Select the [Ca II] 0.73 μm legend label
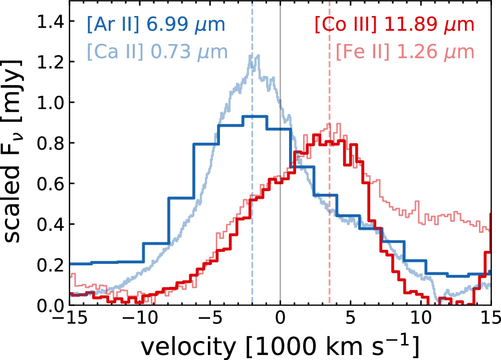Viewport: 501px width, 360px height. tap(157, 52)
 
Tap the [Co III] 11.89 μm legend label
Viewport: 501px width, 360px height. tap(394, 25)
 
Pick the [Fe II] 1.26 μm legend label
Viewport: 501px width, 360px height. tap(404, 52)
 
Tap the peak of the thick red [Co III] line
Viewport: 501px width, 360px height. tap(316, 134)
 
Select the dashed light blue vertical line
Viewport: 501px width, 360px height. tap(252, 200)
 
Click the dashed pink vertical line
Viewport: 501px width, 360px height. tap(329, 225)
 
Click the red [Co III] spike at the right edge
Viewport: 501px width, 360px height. tap(489, 235)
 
